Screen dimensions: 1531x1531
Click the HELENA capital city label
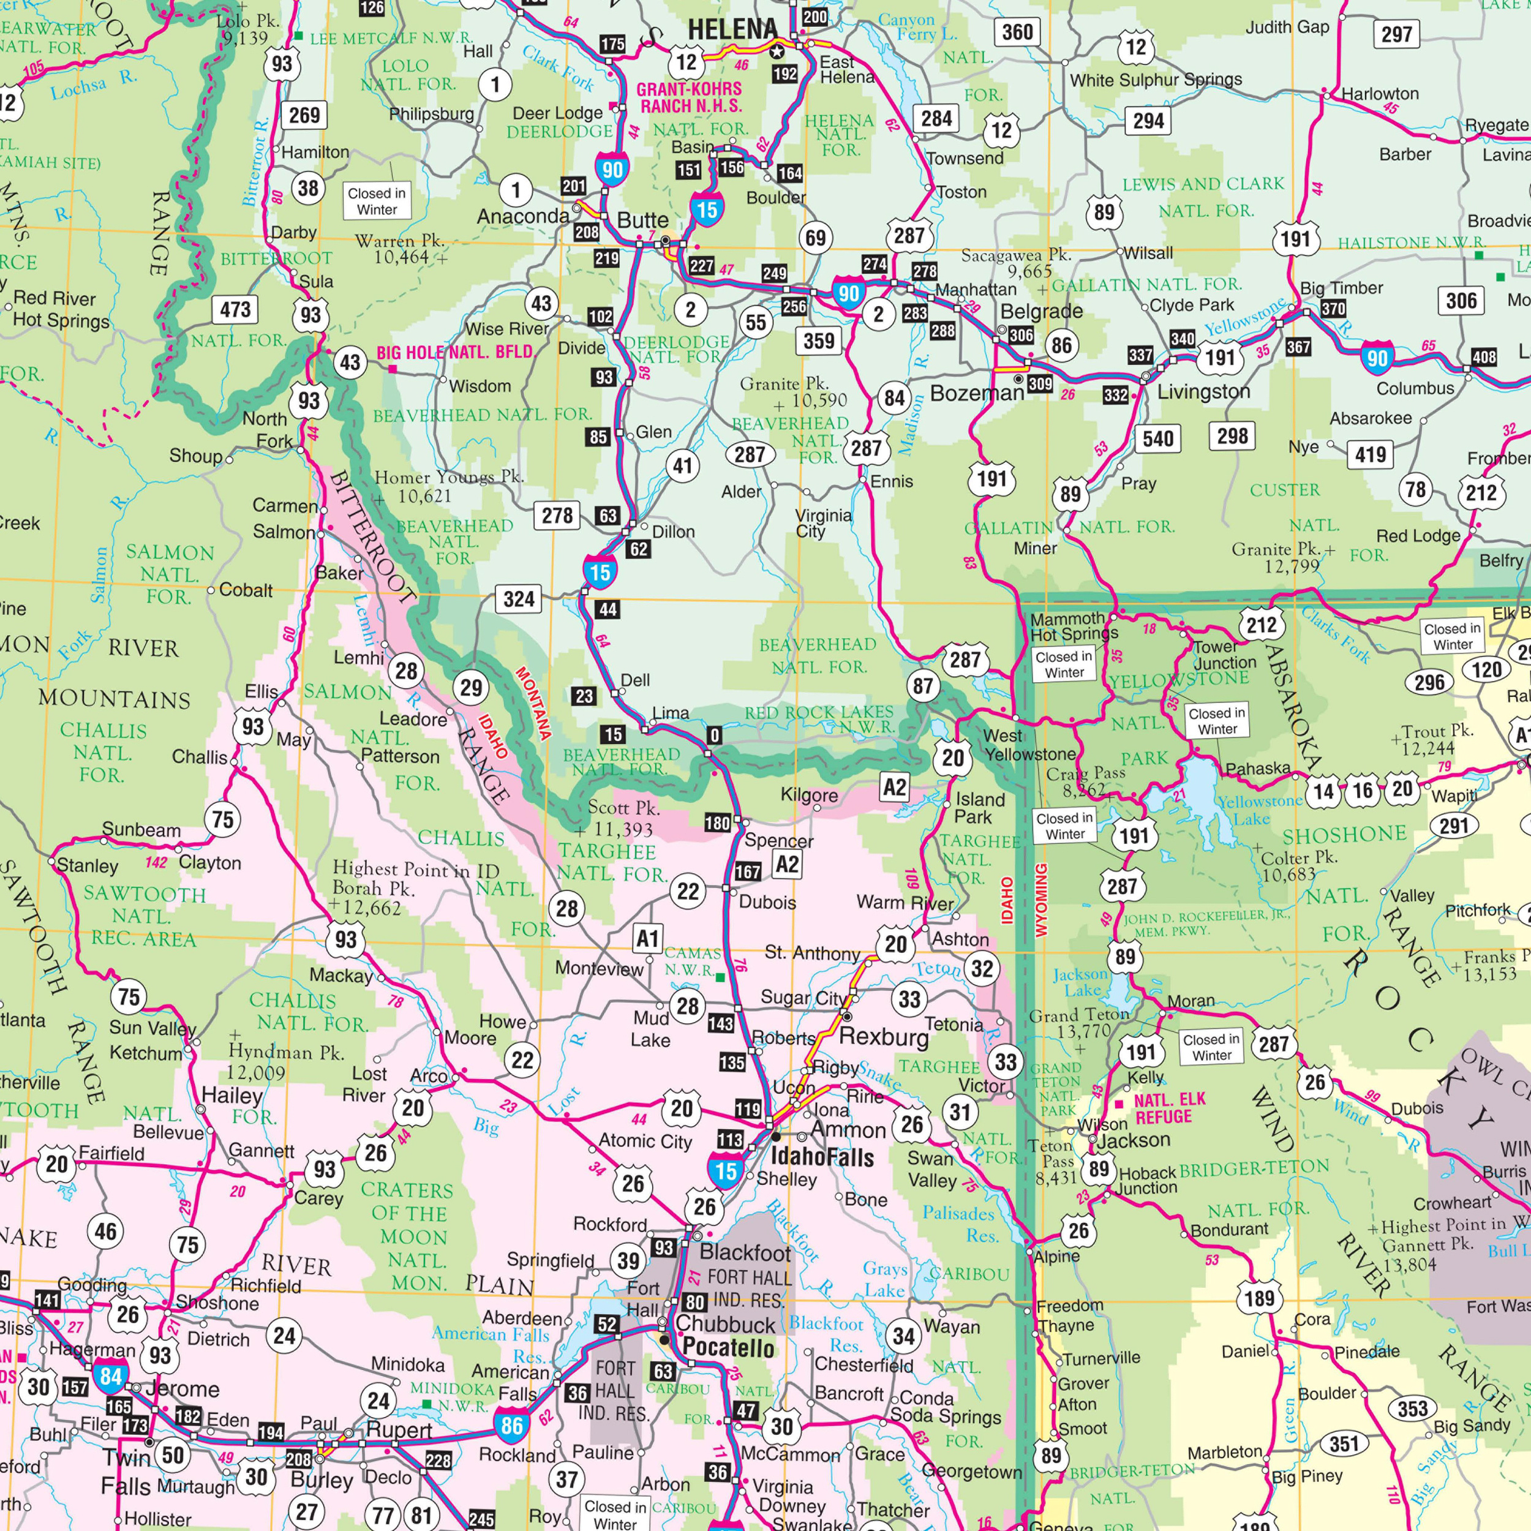pyautogui.click(x=732, y=29)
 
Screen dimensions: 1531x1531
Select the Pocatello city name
pyautogui.click(x=728, y=1347)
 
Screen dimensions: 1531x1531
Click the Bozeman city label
pyautogui.click(x=977, y=393)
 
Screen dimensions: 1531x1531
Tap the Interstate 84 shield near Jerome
pyautogui.click(x=110, y=1377)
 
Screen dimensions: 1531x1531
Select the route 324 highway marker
pyautogui.click(x=518, y=598)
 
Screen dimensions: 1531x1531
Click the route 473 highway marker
pyautogui.click(x=235, y=309)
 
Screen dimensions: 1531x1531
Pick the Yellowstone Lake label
pyautogui.click(x=1258, y=809)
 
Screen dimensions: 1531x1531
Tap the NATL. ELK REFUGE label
pyautogui.click(x=1169, y=1108)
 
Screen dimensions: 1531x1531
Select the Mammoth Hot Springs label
pyautogui.click(x=1073, y=625)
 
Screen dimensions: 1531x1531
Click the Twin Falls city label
pyautogui.click(x=127, y=1471)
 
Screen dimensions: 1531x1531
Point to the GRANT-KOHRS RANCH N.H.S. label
pyautogui.click(x=688, y=97)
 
